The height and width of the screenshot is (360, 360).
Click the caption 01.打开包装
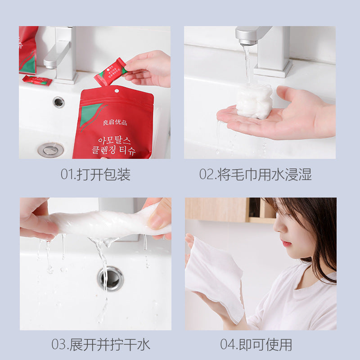pyautogui.click(x=95, y=175)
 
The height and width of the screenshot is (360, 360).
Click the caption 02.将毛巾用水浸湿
pyautogui.click(x=256, y=175)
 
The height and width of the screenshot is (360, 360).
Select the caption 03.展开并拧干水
pyautogui.click(x=100, y=345)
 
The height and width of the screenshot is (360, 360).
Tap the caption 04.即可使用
pyautogui.click(x=256, y=345)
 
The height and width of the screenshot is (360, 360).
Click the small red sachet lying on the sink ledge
pyautogui.click(x=37, y=81)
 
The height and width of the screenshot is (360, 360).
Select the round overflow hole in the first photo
pyautogui.click(x=58, y=102)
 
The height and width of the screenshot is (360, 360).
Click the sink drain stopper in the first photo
pyautogui.click(x=50, y=149)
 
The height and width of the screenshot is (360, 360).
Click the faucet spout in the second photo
pyautogui.click(x=250, y=36)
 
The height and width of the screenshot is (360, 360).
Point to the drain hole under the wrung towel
pyautogui.click(x=110, y=277)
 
